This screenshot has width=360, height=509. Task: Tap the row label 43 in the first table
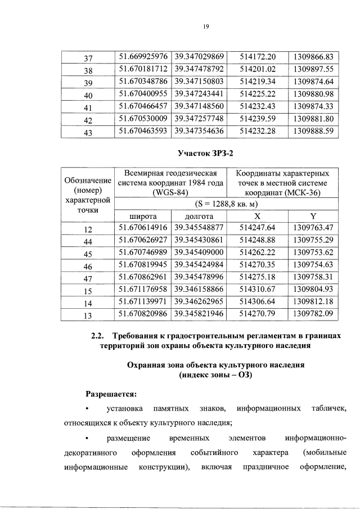[x=88, y=132]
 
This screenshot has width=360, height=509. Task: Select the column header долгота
[x=199, y=215]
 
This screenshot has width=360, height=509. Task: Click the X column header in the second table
[x=257, y=215]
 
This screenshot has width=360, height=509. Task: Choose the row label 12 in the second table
[x=88, y=228]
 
